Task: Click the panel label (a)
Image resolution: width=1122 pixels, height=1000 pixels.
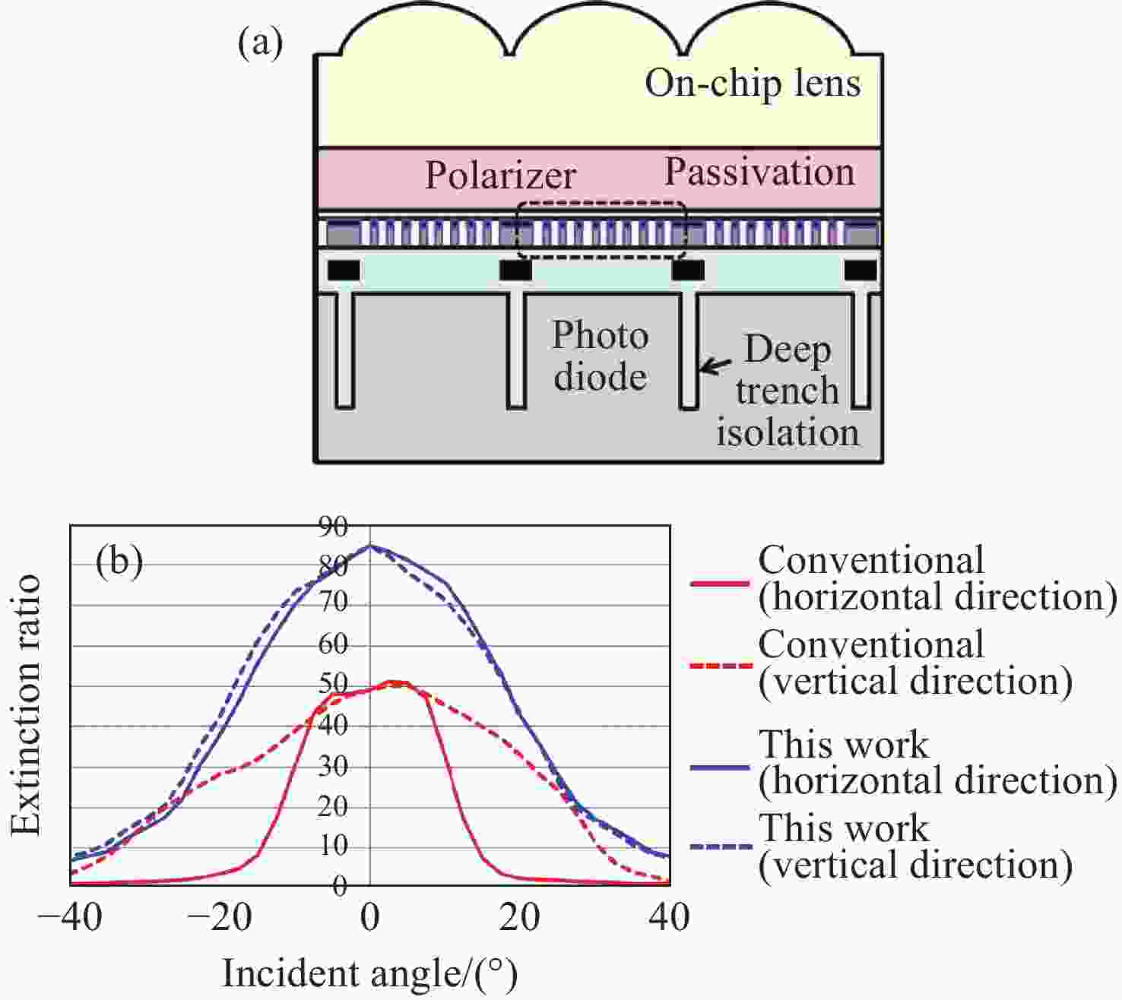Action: click(260, 44)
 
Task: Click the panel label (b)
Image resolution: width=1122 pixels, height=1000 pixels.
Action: click(119, 562)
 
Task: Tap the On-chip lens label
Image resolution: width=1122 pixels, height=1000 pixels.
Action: click(753, 84)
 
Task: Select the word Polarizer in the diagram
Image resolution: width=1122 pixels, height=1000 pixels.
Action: click(501, 176)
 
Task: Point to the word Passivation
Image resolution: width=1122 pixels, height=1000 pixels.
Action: click(759, 172)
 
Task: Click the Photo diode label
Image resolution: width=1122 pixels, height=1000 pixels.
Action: click(601, 356)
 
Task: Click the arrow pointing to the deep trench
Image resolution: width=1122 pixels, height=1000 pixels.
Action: click(715, 366)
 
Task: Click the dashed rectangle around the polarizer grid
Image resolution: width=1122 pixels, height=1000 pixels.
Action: click(601, 203)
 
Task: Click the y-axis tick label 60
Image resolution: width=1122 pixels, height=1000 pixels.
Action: click(333, 644)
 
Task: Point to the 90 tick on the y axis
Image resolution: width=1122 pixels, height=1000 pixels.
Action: click(333, 527)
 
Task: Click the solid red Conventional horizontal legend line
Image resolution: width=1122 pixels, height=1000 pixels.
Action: click(720, 584)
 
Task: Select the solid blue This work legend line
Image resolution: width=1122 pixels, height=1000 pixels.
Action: click(720, 767)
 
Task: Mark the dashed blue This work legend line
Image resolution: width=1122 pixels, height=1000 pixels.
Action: click(721, 847)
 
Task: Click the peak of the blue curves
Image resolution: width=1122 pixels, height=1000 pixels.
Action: click(370, 546)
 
